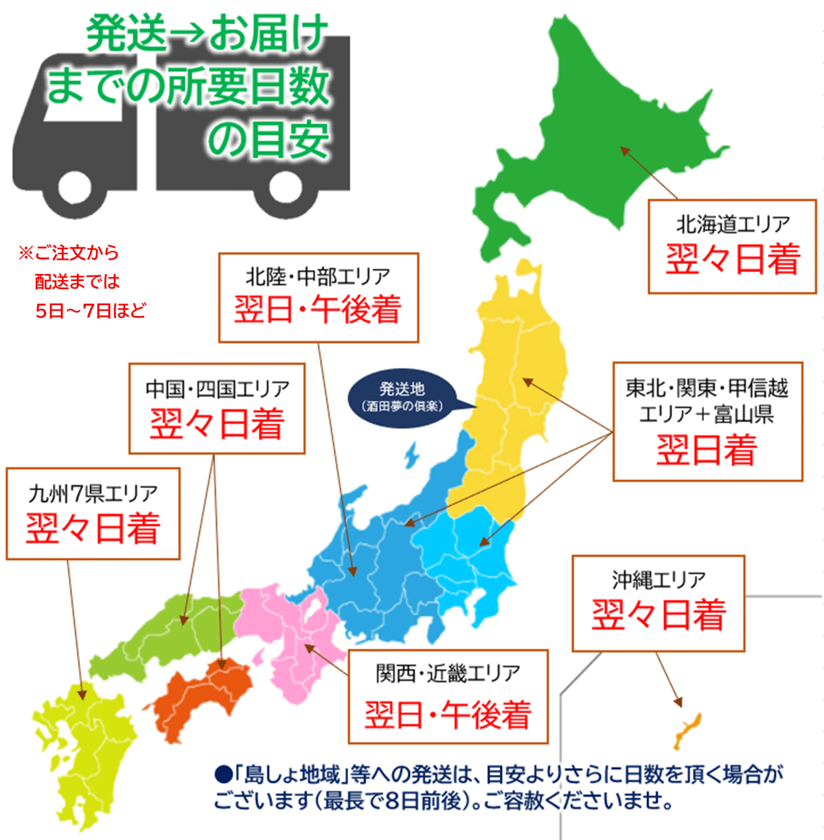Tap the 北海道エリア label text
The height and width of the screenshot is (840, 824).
click(x=733, y=224)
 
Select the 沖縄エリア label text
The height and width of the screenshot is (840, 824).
click(x=659, y=580)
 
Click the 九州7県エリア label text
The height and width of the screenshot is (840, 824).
click(x=93, y=493)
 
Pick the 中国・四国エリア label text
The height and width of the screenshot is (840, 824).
click(x=217, y=389)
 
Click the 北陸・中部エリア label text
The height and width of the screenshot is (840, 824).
click(x=318, y=277)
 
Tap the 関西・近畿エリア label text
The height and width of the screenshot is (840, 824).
click(x=448, y=674)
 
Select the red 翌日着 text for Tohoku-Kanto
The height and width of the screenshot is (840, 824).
click(x=707, y=451)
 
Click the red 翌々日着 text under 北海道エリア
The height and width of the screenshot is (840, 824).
click(x=733, y=260)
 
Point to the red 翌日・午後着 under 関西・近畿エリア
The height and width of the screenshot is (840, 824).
click(x=448, y=714)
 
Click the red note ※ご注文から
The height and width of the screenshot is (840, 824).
click(x=69, y=253)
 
